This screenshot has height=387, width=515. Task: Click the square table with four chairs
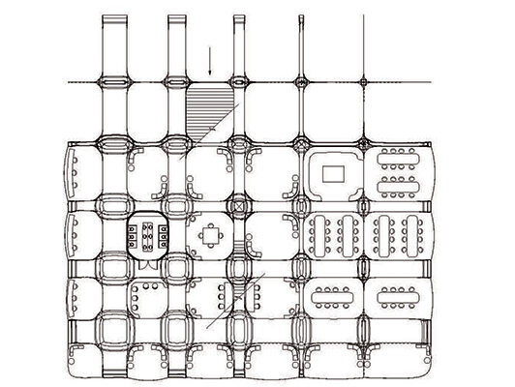[x=210, y=232]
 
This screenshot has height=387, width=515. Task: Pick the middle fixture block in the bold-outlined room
[x=147, y=232]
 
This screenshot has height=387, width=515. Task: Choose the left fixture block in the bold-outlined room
[x=131, y=232]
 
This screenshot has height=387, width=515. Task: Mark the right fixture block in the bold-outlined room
[x=164, y=232]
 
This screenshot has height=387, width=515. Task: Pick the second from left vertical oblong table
[x=349, y=234]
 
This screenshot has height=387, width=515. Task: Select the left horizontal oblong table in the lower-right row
[x=330, y=294]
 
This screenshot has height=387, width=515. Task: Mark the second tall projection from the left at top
[x=175, y=44]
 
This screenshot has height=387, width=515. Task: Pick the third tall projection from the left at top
[x=240, y=44]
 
